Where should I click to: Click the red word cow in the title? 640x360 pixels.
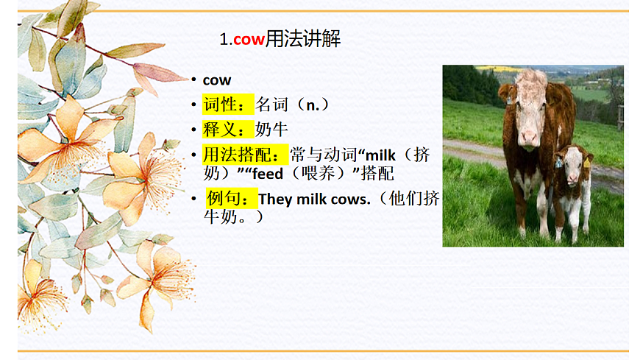[249, 40]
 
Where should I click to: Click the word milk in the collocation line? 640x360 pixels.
[380, 156]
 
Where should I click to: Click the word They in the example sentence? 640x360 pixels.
[276, 199]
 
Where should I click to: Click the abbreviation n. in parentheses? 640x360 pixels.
[314, 105]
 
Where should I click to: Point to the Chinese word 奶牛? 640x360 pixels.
[271, 130]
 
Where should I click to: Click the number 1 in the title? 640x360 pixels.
[224, 40]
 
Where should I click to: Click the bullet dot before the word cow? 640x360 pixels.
[193, 80]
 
